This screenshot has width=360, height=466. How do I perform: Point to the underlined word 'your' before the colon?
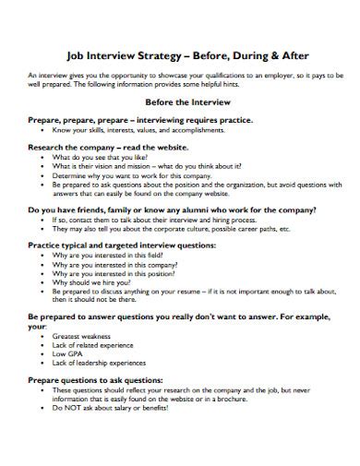(37, 326)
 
